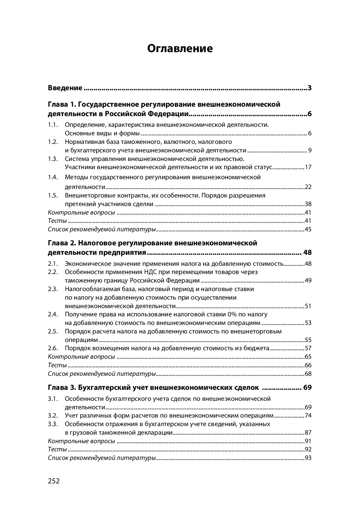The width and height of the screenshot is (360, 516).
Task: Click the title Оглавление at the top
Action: (x=180, y=49)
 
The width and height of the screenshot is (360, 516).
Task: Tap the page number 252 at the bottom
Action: (x=54, y=481)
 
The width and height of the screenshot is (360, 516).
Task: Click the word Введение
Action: (x=65, y=88)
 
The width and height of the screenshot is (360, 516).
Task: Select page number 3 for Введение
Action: (x=309, y=88)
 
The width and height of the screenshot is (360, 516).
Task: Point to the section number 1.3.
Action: (x=53, y=159)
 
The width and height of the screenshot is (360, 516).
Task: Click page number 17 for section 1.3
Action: (x=308, y=167)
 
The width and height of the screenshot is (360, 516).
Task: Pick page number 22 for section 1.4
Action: (x=308, y=187)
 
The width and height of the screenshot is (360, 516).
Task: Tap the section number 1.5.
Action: (x=53, y=195)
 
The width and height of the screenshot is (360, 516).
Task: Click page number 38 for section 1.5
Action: (x=308, y=204)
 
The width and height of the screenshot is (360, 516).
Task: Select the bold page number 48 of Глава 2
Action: (x=307, y=253)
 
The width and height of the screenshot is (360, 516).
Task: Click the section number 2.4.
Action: (x=53, y=314)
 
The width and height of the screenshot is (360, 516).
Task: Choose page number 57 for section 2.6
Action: (x=308, y=348)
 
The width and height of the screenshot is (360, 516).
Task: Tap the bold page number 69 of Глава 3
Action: (x=307, y=388)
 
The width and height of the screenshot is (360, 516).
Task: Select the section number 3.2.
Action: (x=53, y=415)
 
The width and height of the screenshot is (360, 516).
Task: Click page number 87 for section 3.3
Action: (x=308, y=432)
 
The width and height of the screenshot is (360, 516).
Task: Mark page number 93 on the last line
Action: (x=308, y=458)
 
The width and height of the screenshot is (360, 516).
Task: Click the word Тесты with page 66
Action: (x=57, y=365)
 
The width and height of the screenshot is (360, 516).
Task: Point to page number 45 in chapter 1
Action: (x=308, y=230)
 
